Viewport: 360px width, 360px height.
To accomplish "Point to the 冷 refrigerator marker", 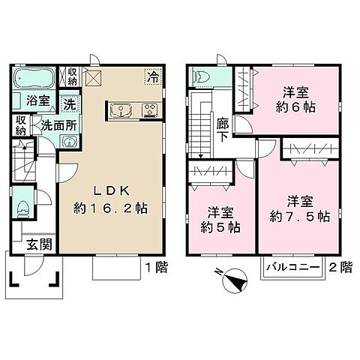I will (153, 75).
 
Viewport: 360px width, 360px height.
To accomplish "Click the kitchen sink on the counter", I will (120, 112).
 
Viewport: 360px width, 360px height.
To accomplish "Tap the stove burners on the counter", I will (150, 112).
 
